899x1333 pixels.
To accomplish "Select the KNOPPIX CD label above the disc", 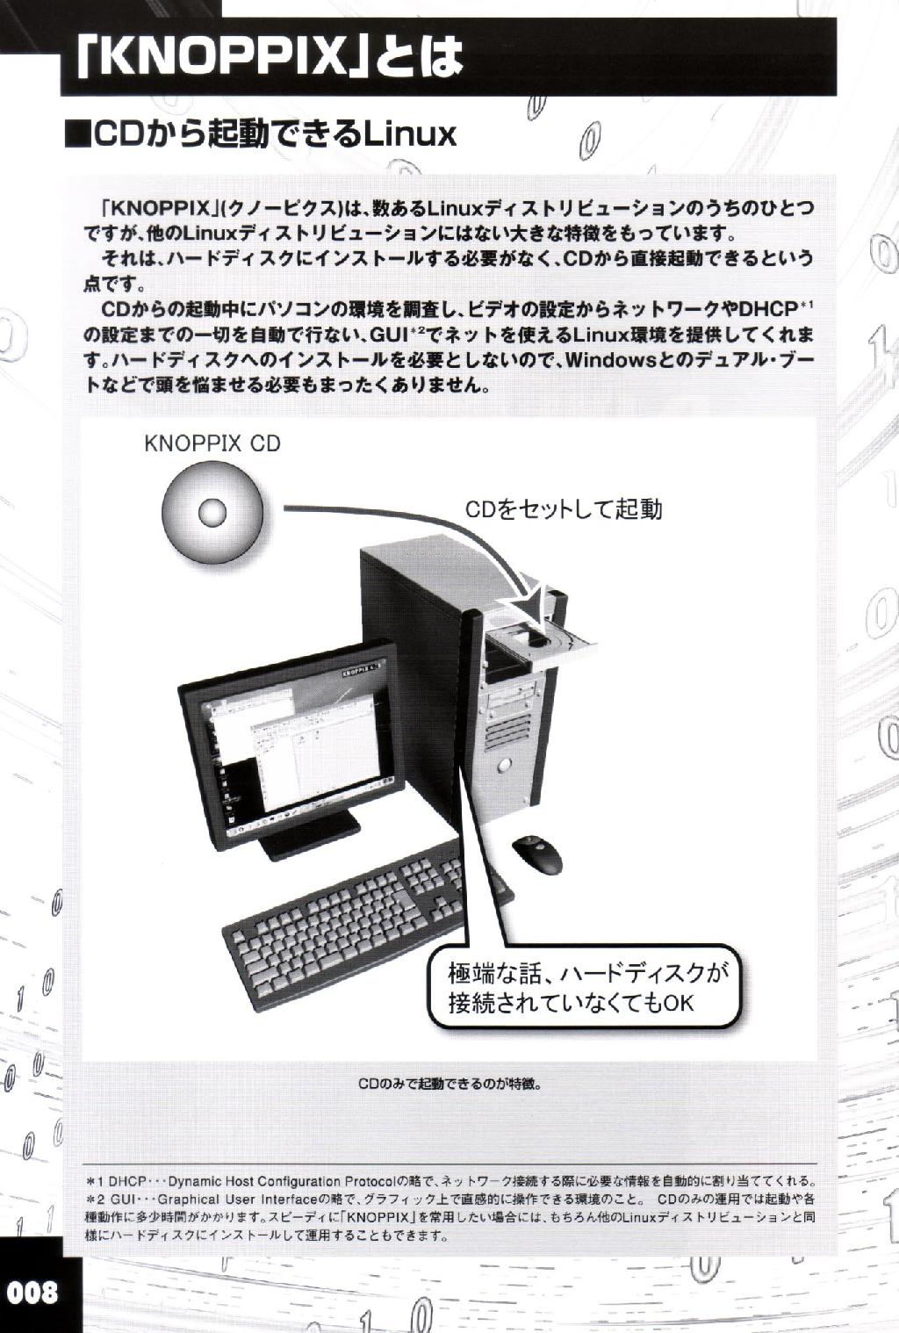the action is tap(212, 443).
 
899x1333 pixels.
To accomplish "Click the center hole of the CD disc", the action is tap(212, 512).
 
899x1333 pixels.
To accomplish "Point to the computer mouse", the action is tap(536, 855).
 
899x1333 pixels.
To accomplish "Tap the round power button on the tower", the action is tap(505, 763).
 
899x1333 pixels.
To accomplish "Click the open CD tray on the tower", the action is tap(542, 643).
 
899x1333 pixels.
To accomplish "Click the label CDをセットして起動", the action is tap(564, 509).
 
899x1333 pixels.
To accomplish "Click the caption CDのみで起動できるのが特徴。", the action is tap(449, 1084).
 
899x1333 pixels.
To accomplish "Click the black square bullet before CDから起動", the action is tap(76, 135).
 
